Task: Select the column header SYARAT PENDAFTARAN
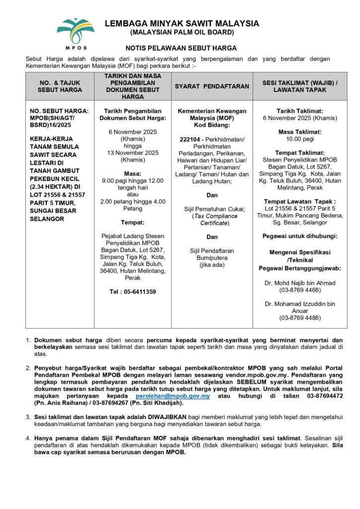[212, 86]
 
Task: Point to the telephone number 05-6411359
[133, 292]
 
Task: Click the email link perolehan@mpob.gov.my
[173, 396]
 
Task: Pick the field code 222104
[189, 139]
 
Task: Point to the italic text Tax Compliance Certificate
[212, 220]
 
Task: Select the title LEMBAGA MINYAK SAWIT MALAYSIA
[181, 23]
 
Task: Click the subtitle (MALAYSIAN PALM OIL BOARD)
[181, 33]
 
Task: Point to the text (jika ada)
[212, 265]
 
